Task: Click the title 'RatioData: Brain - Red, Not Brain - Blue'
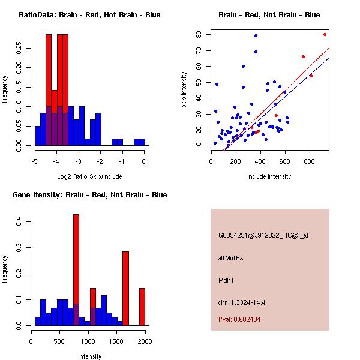point(89,15)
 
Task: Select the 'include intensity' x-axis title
point(269,176)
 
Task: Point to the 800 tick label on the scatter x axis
point(310,161)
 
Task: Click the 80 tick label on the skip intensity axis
point(199,34)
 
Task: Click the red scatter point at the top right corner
point(325,34)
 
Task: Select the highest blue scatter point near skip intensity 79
point(256,35)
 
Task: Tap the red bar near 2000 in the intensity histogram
point(142,306)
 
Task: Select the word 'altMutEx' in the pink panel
point(231,258)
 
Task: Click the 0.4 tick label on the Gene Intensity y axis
point(19,222)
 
